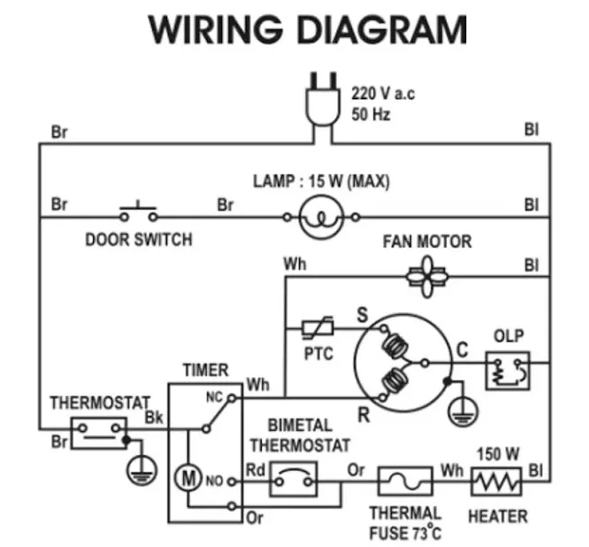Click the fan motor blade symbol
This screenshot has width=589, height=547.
pos(429,275)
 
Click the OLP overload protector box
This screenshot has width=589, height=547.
pos(508,370)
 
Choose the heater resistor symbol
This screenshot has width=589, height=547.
pos(498,482)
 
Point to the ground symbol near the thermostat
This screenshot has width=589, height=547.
pos(139,468)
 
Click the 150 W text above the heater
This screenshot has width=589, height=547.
pos(498,454)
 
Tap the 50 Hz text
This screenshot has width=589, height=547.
pos(371,115)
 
